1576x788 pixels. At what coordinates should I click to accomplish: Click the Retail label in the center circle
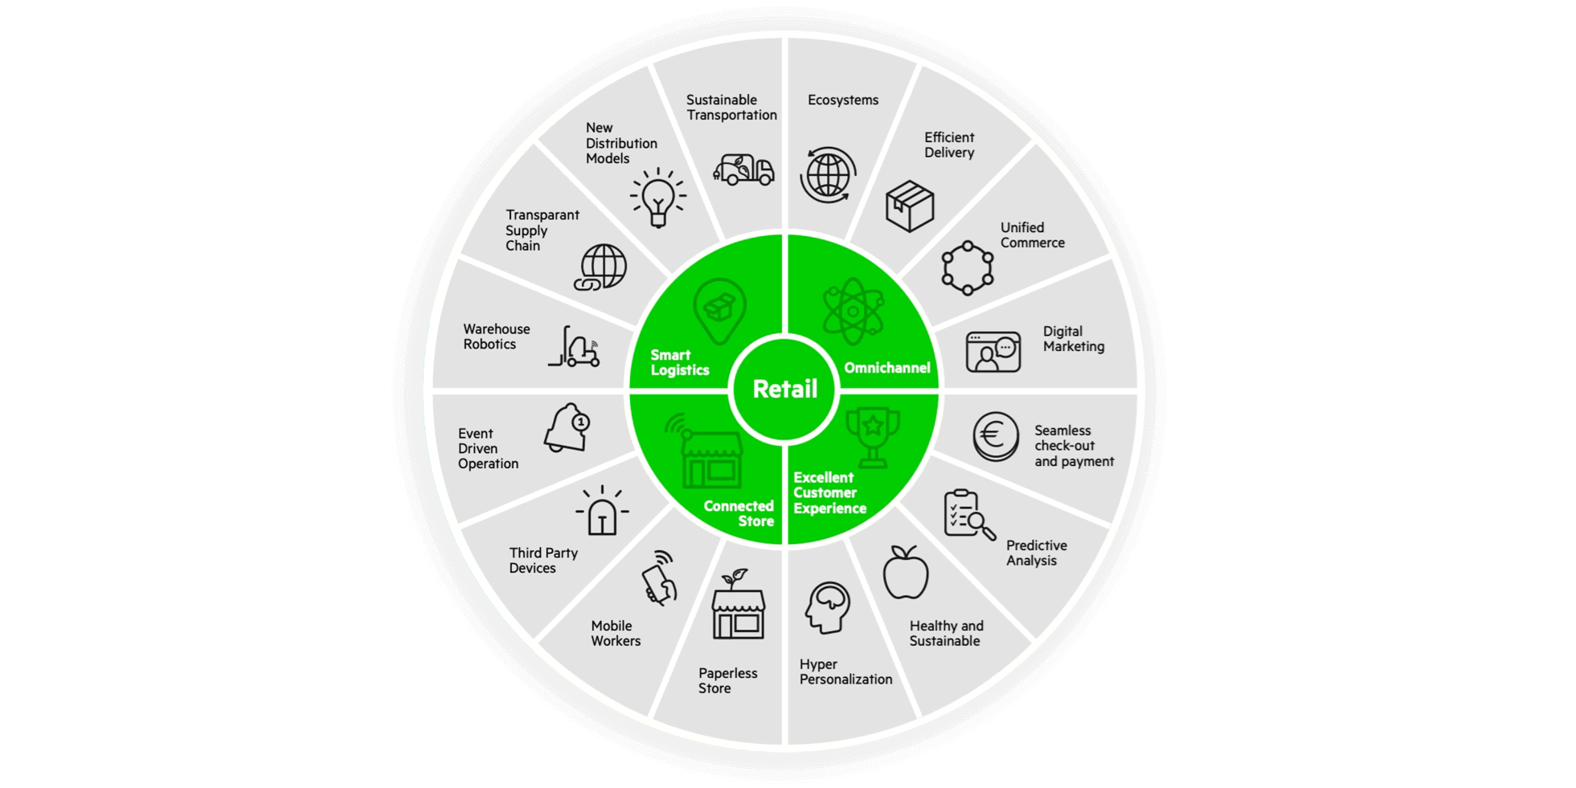click(784, 390)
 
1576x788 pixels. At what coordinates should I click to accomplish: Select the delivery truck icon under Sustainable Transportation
click(743, 169)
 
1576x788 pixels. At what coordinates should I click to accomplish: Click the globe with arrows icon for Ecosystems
click(828, 174)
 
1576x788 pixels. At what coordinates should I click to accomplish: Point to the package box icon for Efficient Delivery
click(910, 206)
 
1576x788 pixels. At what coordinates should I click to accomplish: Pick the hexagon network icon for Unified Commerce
click(967, 268)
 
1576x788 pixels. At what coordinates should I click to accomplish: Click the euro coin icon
click(995, 436)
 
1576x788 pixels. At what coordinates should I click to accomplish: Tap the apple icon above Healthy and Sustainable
click(906, 572)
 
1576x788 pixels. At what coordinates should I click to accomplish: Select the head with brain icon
click(827, 607)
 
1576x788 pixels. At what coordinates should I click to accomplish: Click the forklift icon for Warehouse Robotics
click(575, 348)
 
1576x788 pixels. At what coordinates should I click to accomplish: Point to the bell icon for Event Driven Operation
click(567, 427)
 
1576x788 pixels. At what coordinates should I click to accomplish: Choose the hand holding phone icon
click(660, 578)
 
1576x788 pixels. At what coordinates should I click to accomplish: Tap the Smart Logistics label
click(679, 362)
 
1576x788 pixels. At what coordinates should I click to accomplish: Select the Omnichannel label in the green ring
click(886, 368)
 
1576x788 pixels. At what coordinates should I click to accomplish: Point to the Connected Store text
click(739, 513)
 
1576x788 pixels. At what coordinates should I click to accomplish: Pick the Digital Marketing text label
click(1073, 339)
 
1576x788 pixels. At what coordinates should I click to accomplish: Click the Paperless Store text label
click(727, 680)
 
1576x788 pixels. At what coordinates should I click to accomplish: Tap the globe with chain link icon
click(601, 267)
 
